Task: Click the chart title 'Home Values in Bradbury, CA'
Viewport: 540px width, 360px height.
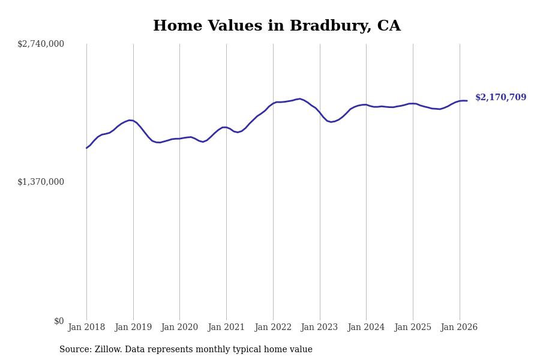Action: pos(277,26)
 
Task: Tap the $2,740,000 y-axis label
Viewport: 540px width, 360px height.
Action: pos(41,44)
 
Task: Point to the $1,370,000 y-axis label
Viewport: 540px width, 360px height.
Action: pos(41,182)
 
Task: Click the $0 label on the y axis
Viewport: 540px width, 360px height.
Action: pos(59,321)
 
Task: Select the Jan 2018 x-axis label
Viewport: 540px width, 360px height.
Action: pos(86,328)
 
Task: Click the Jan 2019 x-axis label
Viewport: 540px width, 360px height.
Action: pos(133,328)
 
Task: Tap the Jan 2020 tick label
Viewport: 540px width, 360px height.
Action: pos(179,328)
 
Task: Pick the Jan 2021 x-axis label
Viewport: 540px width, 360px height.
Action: pos(226,328)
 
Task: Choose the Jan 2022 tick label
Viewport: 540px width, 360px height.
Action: pos(273,328)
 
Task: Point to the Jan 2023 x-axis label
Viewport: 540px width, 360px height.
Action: pos(320,328)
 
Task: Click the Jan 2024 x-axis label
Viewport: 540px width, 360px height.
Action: pos(366,328)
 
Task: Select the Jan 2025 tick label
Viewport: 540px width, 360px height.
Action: pos(413,328)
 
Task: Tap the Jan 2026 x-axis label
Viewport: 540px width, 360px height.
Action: pos(460,328)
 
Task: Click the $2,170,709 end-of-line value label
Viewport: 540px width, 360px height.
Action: pos(500,98)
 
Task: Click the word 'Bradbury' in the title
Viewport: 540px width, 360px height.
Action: pos(321,26)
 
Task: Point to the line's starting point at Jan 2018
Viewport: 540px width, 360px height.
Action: pos(86,148)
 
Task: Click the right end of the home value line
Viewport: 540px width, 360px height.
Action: pos(467,101)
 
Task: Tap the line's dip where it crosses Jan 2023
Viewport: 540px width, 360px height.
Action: pos(320,113)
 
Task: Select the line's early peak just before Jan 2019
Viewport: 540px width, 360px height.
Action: pos(129,120)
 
